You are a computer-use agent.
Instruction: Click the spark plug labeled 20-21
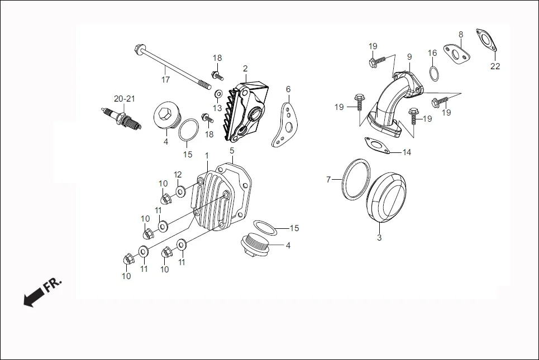click(x=118, y=118)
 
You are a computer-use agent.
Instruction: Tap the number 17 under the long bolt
click(x=166, y=80)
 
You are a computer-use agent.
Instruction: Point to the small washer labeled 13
click(x=218, y=93)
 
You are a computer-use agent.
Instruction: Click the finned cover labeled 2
click(x=246, y=112)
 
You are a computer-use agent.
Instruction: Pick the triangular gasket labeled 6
click(x=287, y=126)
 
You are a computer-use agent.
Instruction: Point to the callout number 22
click(x=495, y=66)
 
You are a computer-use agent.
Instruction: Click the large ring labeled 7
click(x=355, y=179)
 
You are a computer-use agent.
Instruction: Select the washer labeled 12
click(x=181, y=191)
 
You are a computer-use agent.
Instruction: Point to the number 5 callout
click(x=232, y=151)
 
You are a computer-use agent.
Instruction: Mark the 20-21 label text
click(x=125, y=99)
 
